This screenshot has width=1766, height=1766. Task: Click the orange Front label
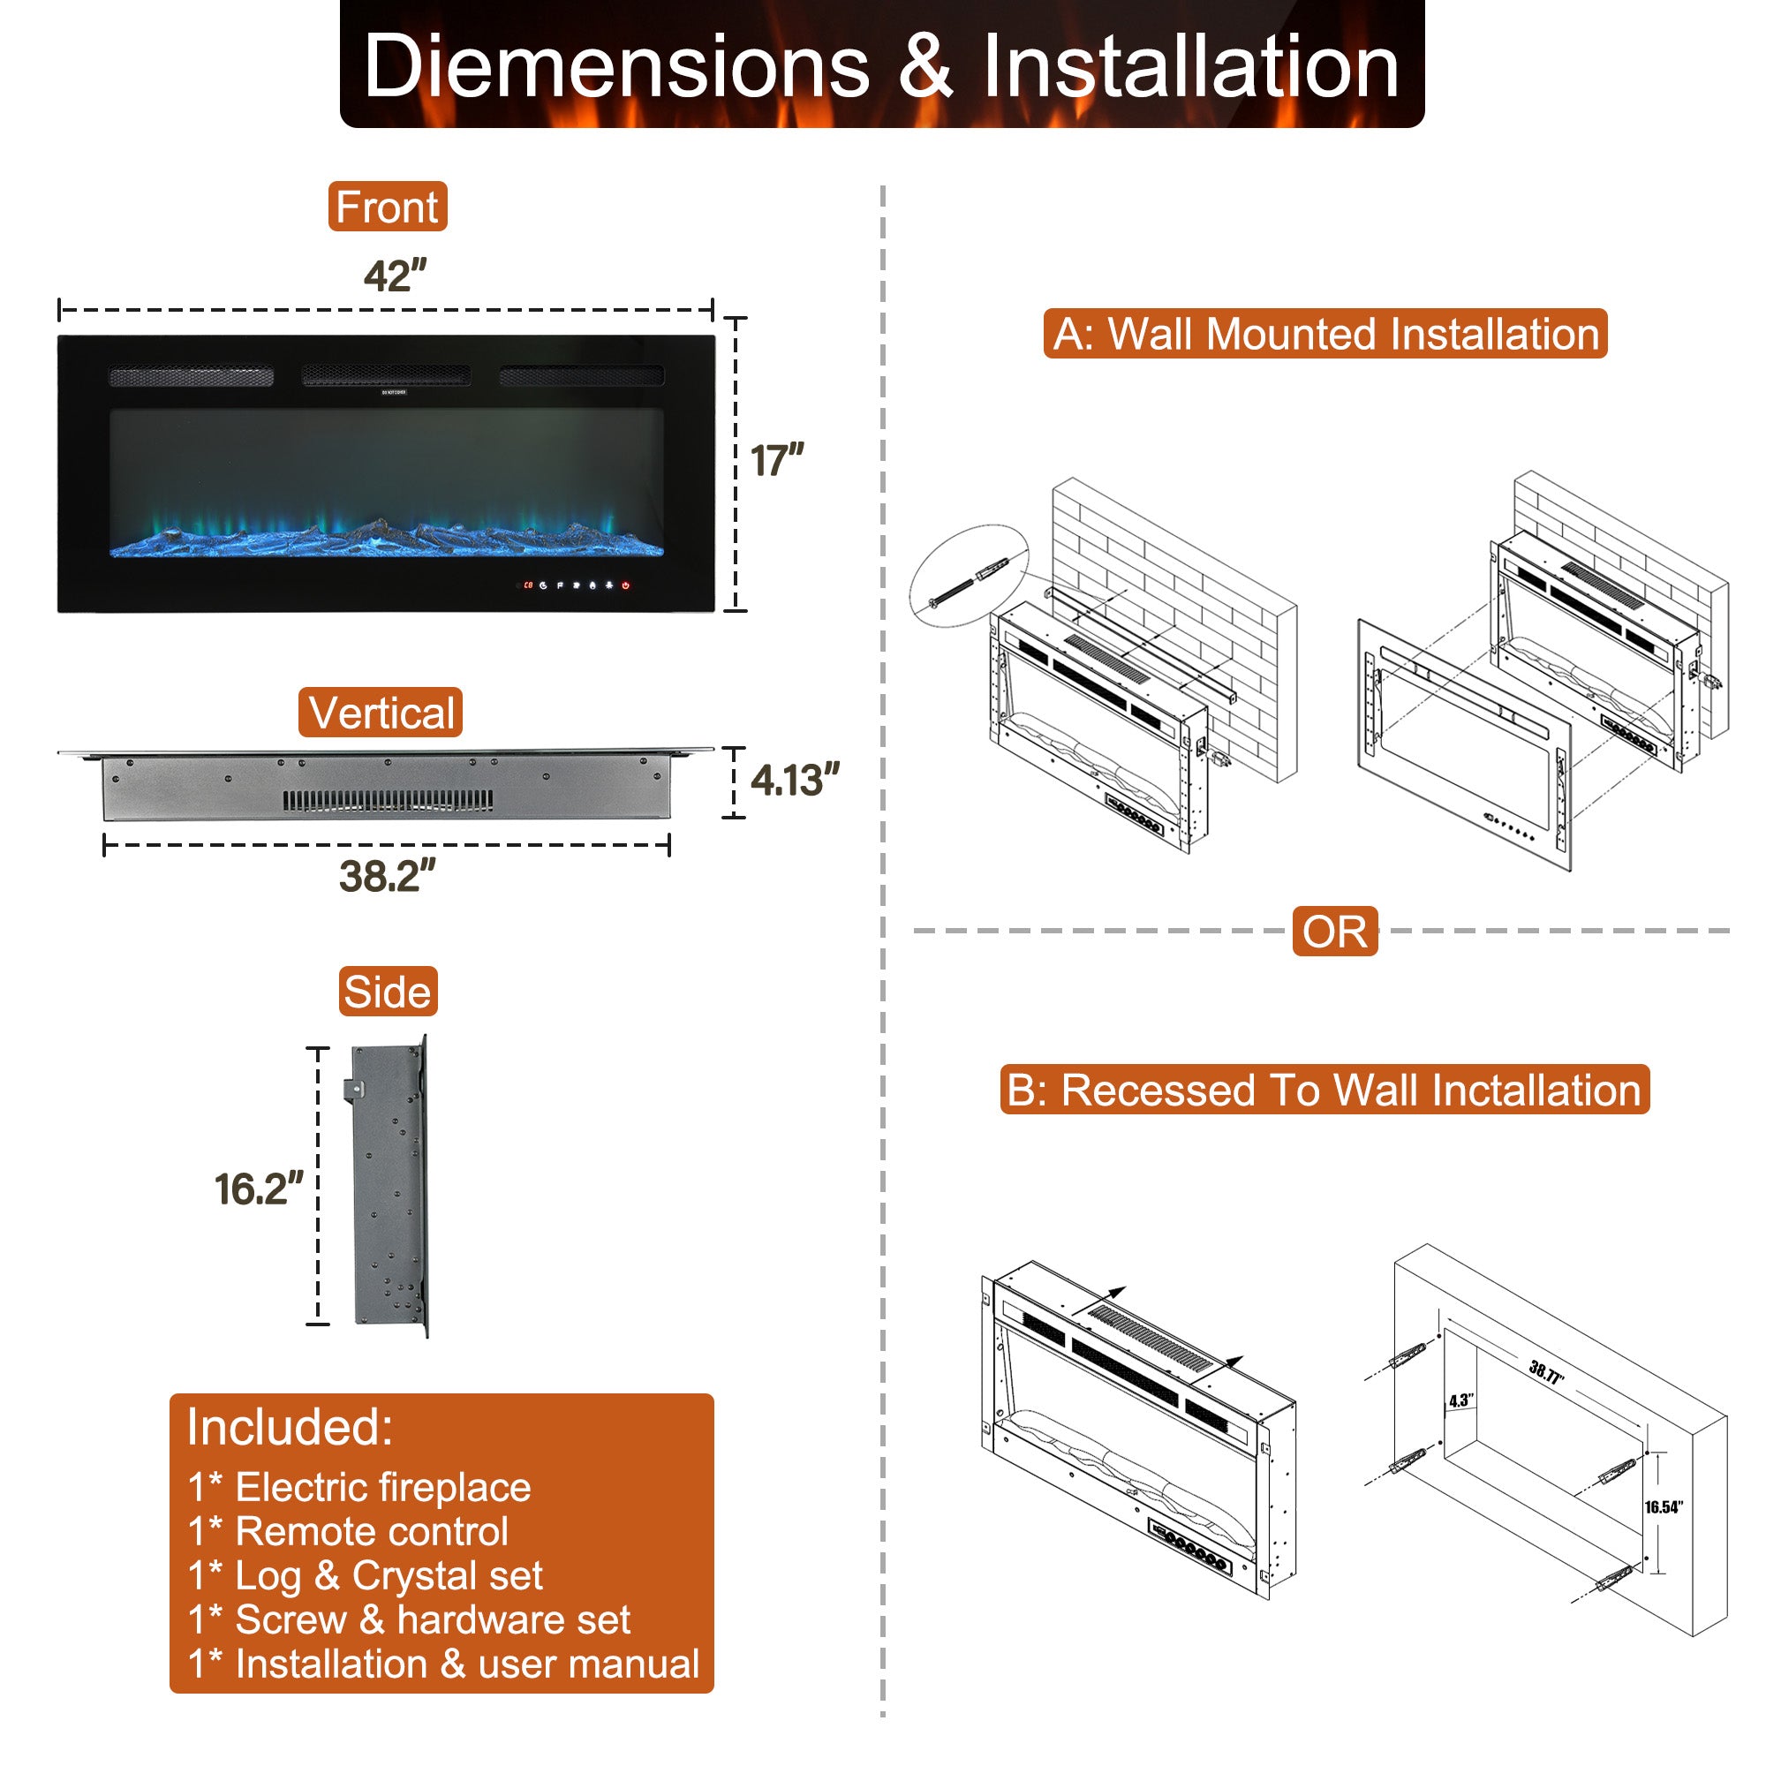coord(388,207)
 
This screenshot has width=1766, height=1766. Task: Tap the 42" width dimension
coord(395,276)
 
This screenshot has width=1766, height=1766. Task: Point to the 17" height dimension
coord(776,461)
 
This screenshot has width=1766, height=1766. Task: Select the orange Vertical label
coord(381,713)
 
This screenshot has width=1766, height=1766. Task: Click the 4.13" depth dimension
coord(794,781)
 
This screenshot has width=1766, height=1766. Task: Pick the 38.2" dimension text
coord(388,876)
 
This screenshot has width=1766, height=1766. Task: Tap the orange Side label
coord(388,992)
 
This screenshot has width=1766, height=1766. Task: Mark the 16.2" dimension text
coord(259,1189)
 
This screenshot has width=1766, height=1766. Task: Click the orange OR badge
coord(1334,932)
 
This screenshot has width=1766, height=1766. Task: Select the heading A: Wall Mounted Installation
coord(1325,334)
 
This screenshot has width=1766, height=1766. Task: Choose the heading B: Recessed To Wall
coord(1324,1090)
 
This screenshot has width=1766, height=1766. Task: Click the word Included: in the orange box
coord(290,1427)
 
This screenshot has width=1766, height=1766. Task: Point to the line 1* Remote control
coord(348,1531)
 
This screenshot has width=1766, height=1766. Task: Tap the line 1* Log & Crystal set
coord(366,1575)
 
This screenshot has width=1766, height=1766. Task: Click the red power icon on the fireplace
coord(626,585)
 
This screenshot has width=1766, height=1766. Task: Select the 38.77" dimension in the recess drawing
coord(1547,1371)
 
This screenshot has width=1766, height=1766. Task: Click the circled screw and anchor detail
coord(969,576)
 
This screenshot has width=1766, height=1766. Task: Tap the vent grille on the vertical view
coord(388,802)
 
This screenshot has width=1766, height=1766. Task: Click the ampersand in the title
coord(926,66)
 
